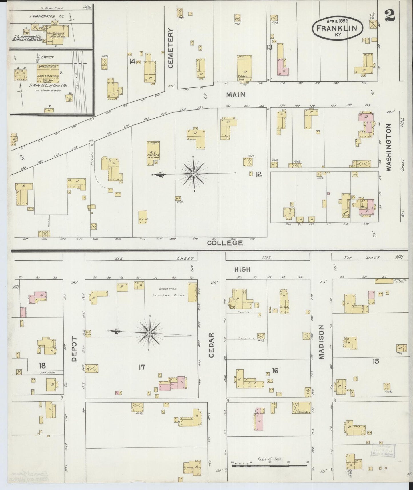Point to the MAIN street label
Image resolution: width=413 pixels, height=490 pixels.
(x=236, y=94)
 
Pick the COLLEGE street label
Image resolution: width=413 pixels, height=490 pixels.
(x=225, y=243)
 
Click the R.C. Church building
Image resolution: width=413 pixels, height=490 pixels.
(x=153, y=153)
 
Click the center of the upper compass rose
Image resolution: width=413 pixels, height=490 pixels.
(x=194, y=174)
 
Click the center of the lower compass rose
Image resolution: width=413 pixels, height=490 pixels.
(x=149, y=334)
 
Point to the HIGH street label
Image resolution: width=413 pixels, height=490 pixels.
(x=242, y=269)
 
